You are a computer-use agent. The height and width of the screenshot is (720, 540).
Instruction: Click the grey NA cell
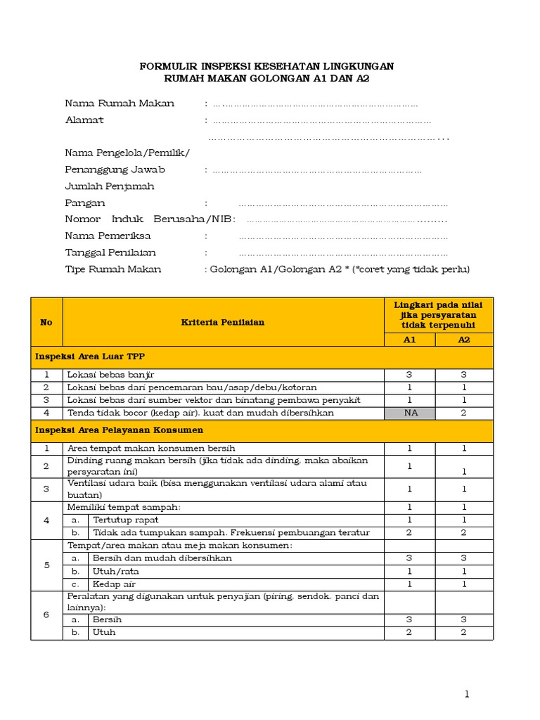(x=410, y=413)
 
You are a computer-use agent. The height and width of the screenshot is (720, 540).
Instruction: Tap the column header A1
(x=410, y=340)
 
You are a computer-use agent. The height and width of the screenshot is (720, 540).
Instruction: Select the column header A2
(x=464, y=340)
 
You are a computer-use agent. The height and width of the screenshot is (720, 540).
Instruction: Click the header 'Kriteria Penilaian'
(x=223, y=322)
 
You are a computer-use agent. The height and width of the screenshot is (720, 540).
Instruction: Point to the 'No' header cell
(x=46, y=322)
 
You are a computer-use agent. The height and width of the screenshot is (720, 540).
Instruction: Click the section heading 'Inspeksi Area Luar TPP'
(x=90, y=357)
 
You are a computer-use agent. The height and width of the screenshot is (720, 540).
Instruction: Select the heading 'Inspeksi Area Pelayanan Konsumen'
(x=119, y=430)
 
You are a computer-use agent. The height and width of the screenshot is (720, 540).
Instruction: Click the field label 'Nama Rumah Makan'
(x=120, y=103)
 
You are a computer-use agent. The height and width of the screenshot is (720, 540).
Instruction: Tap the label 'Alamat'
(x=84, y=120)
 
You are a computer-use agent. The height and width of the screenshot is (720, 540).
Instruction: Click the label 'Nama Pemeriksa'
(x=108, y=236)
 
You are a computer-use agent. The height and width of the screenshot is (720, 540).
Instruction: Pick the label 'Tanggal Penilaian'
(x=110, y=252)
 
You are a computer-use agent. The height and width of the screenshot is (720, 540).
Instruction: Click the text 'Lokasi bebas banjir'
(x=110, y=375)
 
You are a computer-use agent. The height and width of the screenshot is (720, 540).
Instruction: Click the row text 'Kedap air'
(x=114, y=584)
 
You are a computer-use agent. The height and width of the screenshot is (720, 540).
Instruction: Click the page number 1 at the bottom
(x=466, y=694)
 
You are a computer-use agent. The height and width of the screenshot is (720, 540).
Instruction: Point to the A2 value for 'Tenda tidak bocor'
(x=464, y=413)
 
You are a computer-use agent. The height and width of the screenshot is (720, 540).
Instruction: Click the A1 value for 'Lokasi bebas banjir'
(x=410, y=375)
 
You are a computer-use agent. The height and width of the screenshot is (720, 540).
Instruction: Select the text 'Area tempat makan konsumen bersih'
(x=151, y=448)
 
